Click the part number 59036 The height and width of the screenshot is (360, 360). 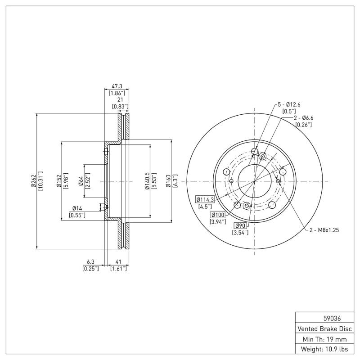324,318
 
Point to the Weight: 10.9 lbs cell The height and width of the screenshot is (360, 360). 324,349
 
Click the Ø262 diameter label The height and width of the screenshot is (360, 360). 33,181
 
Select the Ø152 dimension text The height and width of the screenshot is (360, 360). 59,181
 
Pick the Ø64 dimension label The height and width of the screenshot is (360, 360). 81,181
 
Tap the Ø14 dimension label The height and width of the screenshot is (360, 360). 77,208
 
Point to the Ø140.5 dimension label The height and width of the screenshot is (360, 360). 147,181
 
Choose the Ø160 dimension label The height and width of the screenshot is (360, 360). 169,181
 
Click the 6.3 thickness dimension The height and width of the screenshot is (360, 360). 90,261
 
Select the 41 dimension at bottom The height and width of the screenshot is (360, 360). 118,261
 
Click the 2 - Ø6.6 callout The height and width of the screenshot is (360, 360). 304,118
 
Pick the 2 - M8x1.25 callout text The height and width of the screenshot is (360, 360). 324,229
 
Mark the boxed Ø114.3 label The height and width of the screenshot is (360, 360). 205,199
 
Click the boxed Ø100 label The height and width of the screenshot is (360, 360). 218,215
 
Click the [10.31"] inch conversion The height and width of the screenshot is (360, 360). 40,181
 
